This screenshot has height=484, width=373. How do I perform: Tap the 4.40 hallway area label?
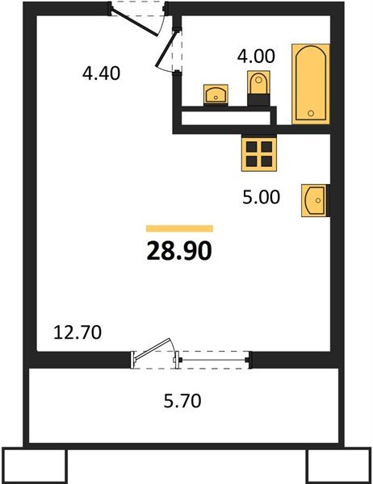click(x=101, y=73)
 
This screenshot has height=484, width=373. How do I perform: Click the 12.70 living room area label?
click(x=77, y=332)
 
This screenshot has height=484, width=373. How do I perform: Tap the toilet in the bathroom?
click(x=258, y=86)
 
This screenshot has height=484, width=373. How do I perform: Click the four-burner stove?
click(x=260, y=152)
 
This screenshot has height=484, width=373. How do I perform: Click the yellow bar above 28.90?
click(x=179, y=228)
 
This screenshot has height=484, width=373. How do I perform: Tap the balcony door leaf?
click(x=153, y=351)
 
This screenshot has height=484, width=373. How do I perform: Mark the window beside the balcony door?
click(x=212, y=358)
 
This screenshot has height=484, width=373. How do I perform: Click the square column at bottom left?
click(x=35, y=465)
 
